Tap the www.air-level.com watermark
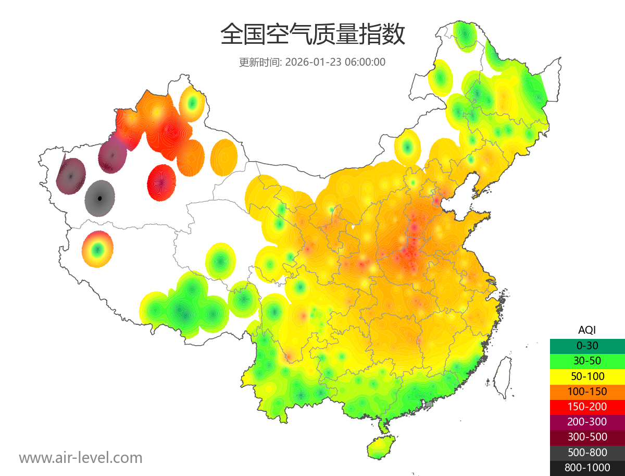click(81, 458)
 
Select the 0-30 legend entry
click(587, 346)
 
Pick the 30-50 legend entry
click(587, 361)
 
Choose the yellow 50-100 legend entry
click(587, 376)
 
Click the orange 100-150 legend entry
click(587, 391)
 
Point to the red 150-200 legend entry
click(587, 406)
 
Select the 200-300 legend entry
click(587, 421)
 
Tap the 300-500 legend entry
click(587, 436)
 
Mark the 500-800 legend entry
click(587, 452)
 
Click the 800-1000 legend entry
click(587, 468)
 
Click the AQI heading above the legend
click(587, 330)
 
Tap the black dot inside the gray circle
click(100, 198)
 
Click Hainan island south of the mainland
click(382, 447)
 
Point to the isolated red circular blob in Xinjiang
click(162, 182)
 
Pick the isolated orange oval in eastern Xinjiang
click(224, 157)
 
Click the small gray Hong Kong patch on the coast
click(429, 404)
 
